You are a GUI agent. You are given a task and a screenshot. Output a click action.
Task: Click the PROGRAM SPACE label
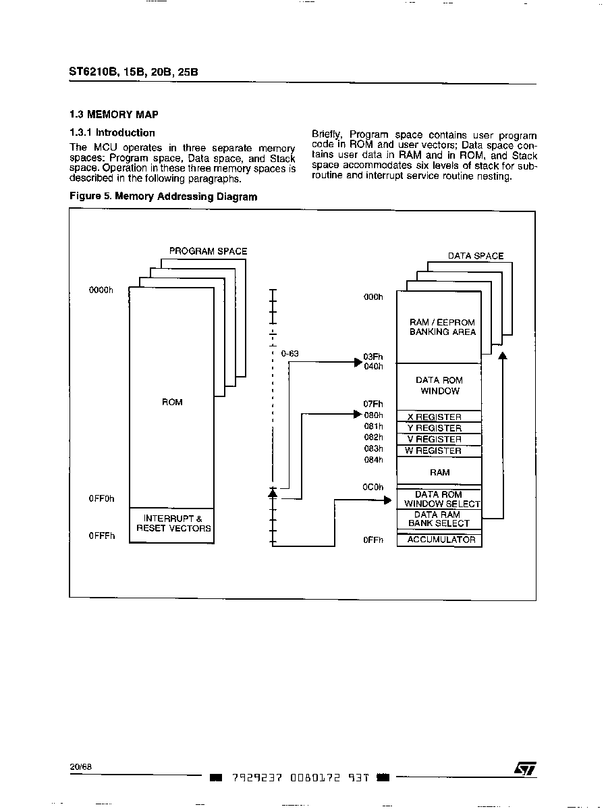(x=208, y=251)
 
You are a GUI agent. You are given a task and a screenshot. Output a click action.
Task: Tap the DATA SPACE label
(x=476, y=256)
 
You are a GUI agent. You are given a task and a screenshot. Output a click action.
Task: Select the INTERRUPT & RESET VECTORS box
(x=171, y=525)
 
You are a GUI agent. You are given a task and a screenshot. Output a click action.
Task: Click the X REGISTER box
(x=439, y=417)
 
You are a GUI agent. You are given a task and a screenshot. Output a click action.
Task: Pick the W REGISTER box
(x=439, y=450)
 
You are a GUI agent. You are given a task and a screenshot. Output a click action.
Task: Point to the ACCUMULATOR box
(x=439, y=540)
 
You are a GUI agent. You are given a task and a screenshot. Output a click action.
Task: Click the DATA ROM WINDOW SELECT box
(x=439, y=499)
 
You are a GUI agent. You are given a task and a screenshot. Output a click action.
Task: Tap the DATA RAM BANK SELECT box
(x=439, y=519)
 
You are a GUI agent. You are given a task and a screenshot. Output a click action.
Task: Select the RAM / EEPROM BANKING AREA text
(x=443, y=327)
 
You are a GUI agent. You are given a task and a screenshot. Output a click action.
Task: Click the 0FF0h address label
(x=102, y=499)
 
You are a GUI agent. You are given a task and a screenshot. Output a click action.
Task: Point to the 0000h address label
(x=101, y=290)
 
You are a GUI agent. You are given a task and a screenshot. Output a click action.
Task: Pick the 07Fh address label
(x=373, y=404)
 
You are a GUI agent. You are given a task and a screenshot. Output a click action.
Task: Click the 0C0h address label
(x=373, y=487)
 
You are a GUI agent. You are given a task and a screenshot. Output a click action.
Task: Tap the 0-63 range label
(x=290, y=354)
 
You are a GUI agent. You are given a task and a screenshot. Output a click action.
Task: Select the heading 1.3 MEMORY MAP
(x=114, y=115)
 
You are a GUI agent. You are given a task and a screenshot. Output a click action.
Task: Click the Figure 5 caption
(x=163, y=197)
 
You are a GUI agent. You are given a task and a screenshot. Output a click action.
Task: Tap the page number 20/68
(x=81, y=766)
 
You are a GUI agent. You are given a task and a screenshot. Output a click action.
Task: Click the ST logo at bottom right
(x=525, y=768)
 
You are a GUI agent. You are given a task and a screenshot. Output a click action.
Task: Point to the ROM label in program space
(x=172, y=402)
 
